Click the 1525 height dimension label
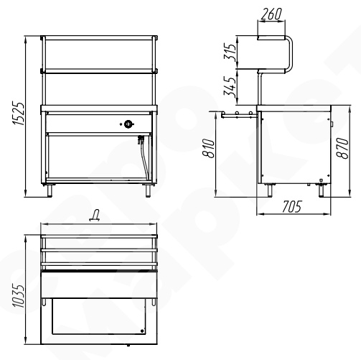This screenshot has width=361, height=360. coord(19,114)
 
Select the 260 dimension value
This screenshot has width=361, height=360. coord(271,14)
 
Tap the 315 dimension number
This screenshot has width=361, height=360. coord(230,52)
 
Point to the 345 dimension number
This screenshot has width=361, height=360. coord(230,87)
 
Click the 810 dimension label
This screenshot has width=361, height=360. coord(209,148)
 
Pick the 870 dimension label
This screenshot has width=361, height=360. coord(342,149)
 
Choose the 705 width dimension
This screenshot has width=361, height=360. coord(292,207)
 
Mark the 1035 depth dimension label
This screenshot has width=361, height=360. coord(19,296)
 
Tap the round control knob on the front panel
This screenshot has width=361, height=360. coord(128,124)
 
